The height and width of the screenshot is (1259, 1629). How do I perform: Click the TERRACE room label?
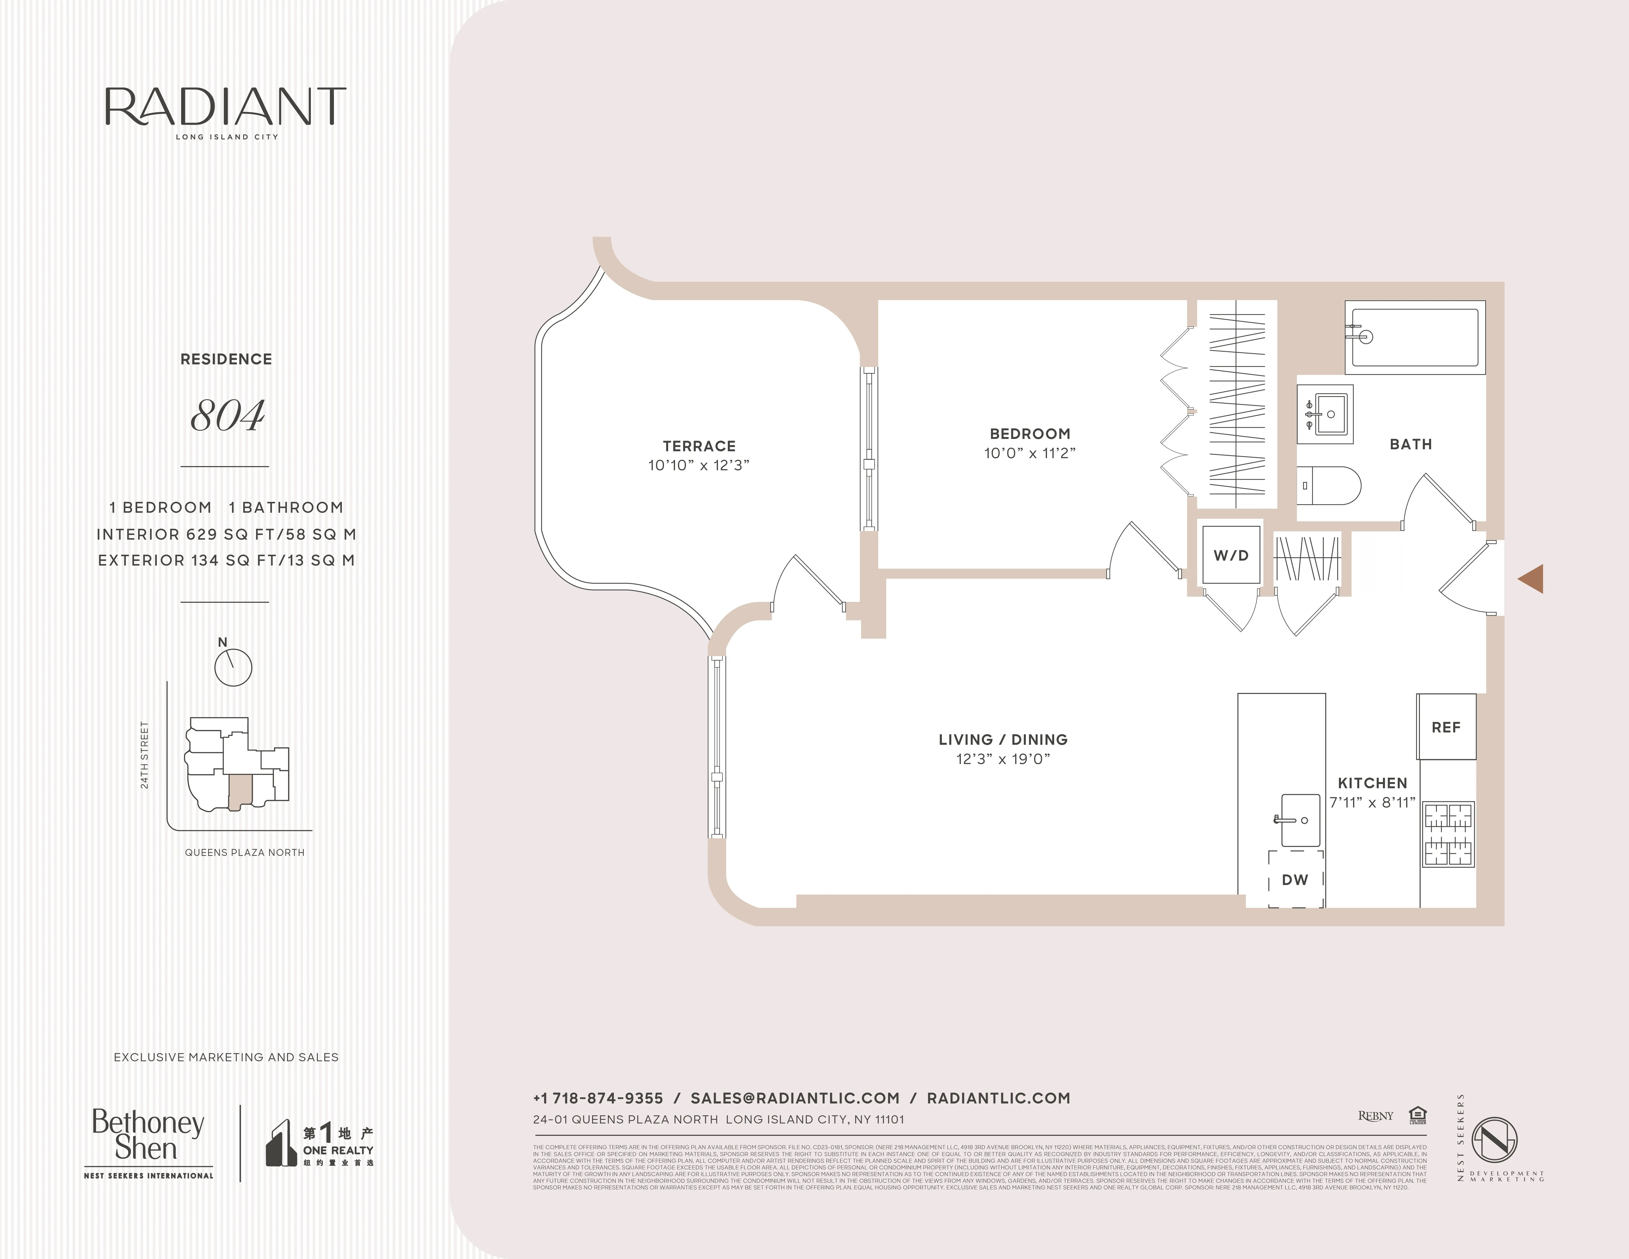[x=699, y=446]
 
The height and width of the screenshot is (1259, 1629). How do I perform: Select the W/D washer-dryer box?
[x=1231, y=556]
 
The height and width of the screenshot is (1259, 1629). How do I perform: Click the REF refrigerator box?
[x=1446, y=727]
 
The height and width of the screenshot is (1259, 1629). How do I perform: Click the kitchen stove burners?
[x=1449, y=834]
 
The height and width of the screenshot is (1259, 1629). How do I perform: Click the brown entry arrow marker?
[x=1531, y=579]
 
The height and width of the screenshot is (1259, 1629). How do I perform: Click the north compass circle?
[x=233, y=667]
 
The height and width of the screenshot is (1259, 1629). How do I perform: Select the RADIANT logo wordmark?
[x=225, y=107]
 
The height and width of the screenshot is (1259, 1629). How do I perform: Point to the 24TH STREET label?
[x=145, y=755]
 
